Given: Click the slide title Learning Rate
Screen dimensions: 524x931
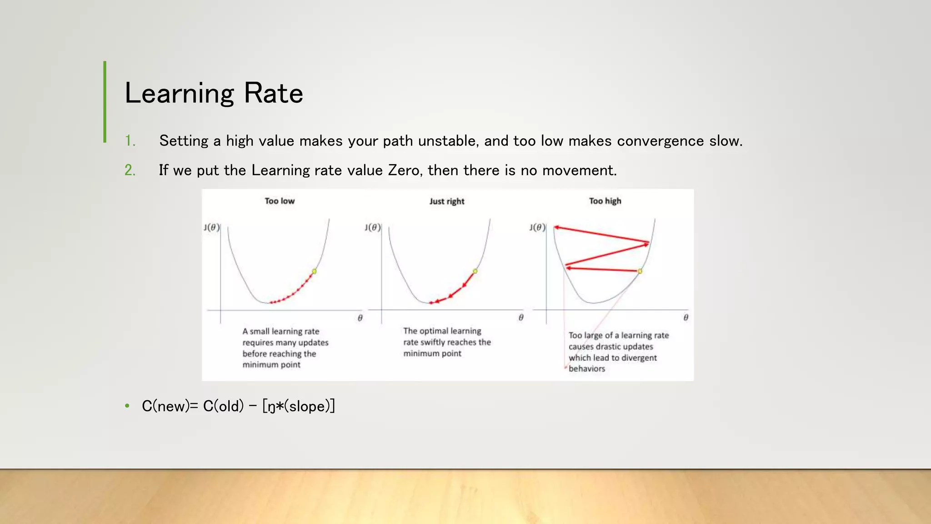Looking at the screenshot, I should pos(214,93).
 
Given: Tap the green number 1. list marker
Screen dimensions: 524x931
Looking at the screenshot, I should pos(130,141).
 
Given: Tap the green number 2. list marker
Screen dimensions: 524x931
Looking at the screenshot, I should pos(130,170).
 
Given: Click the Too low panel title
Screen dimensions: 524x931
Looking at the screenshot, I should pos(280,201).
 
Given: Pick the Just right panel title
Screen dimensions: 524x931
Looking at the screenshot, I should pos(447,202).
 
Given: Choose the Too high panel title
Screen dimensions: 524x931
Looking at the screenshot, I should pos(605,201).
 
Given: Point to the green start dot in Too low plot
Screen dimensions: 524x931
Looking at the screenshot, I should pos(314,271).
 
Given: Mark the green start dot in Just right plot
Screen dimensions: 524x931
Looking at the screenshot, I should pos(475,271).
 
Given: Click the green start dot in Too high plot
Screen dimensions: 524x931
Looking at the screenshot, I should pos(640,271).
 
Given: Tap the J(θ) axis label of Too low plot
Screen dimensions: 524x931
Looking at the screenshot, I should pos(212,227).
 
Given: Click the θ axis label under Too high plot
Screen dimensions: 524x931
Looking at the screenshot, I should pos(686,317).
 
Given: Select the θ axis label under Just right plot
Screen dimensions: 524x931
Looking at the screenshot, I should pos(521,317).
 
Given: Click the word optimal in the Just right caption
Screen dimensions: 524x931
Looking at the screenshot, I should pos(434,331).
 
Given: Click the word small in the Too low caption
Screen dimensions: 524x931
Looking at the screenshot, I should pos(260,332).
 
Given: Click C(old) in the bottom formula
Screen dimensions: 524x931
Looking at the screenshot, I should pos(223,406).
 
